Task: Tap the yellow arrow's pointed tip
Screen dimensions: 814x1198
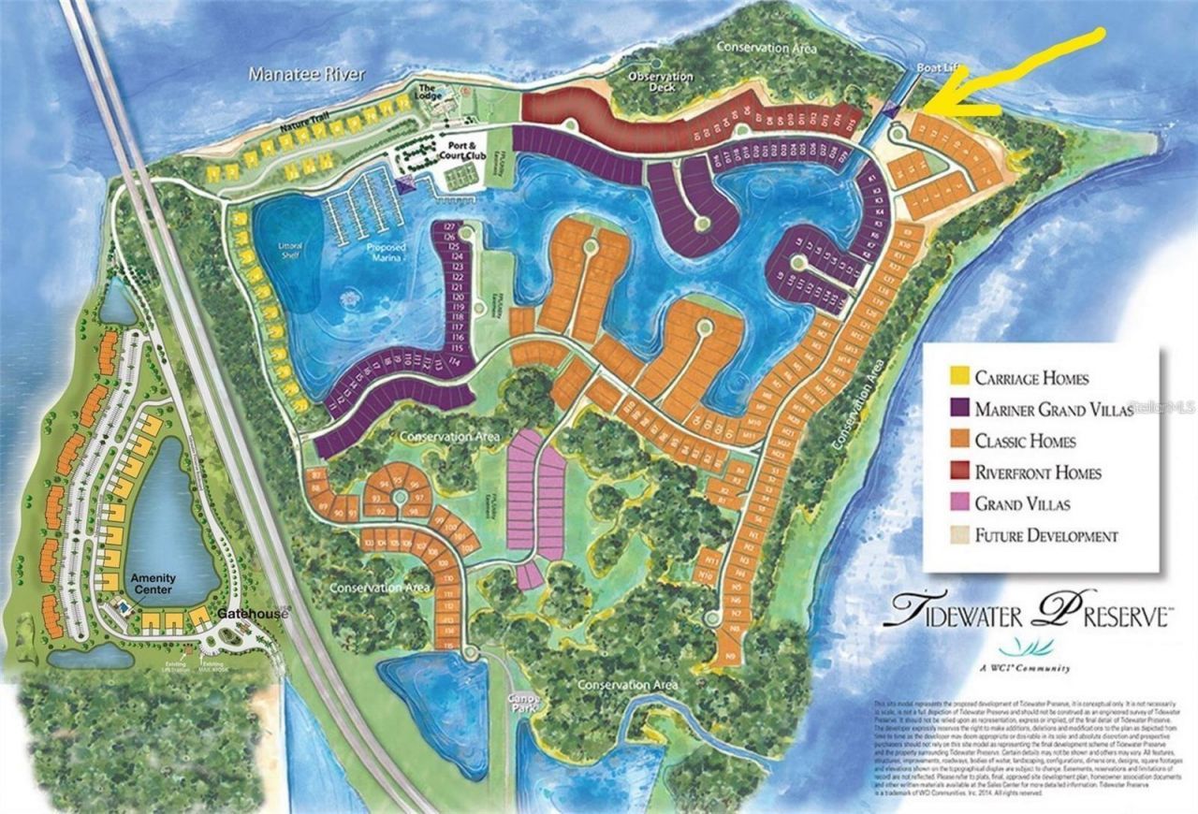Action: coord(921,110)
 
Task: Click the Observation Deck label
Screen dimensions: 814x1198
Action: coord(661,81)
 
